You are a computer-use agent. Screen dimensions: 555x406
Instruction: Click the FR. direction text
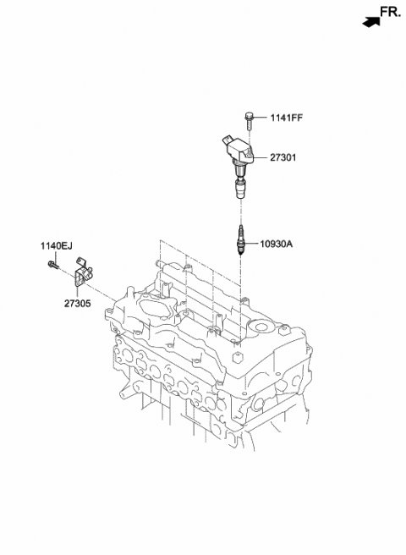pyautogui.click(x=390, y=11)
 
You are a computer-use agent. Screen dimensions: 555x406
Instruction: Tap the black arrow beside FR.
pyautogui.click(x=369, y=19)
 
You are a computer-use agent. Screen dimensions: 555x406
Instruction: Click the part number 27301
pyautogui.click(x=284, y=157)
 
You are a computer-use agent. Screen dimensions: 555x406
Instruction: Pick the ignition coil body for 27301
pyautogui.click(x=240, y=152)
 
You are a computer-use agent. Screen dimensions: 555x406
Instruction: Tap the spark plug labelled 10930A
pyautogui.click(x=242, y=241)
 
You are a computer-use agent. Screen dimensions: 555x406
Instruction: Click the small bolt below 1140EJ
pyautogui.click(x=52, y=267)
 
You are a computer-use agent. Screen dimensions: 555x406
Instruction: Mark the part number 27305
pyautogui.click(x=77, y=299)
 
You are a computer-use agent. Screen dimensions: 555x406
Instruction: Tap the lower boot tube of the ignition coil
pyautogui.click(x=241, y=189)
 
